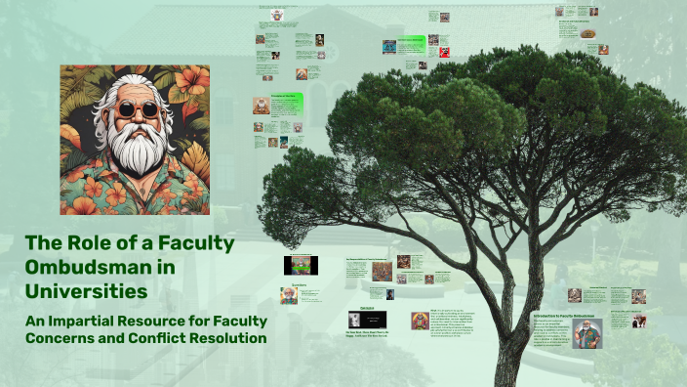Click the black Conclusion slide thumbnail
[x=368, y=320]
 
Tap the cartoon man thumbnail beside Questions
[x=289, y=296]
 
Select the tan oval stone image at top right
[x=587, y=33]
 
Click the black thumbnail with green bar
[x=301, y=265]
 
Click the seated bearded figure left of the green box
[x=261, y=106]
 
